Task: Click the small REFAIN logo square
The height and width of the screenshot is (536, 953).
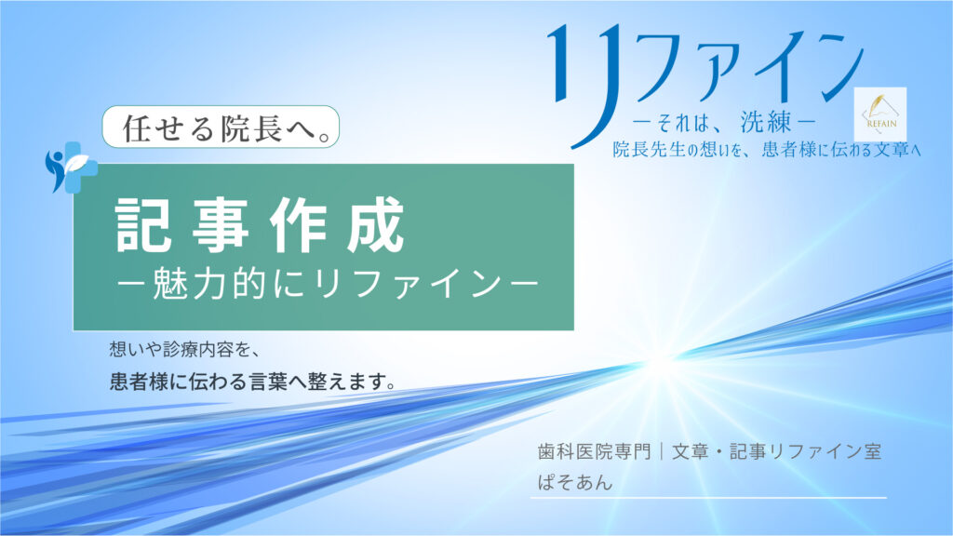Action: point(880,114)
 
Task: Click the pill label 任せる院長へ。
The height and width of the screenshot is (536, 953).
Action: point(221,127)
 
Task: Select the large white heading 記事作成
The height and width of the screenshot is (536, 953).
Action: point(261,224)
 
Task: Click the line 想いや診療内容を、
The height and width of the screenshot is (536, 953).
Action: point(185,350)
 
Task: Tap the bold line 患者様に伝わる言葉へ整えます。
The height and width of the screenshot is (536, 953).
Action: point(253,382)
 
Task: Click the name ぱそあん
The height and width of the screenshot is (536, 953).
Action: point(575,483)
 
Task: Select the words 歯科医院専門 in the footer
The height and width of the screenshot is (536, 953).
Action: point(594,451)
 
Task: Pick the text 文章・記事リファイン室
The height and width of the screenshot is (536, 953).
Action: point(776,451)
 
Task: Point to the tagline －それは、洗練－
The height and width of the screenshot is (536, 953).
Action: point(723,124)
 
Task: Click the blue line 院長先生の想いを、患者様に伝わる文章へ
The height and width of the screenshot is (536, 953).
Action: point(767,150)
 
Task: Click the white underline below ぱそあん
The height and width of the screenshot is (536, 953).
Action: point(708,498)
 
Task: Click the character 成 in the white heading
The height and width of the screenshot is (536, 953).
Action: point(376,225)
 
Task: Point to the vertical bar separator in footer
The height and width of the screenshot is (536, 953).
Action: point(662,451)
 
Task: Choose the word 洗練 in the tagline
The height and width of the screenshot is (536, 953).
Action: point(766,123)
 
